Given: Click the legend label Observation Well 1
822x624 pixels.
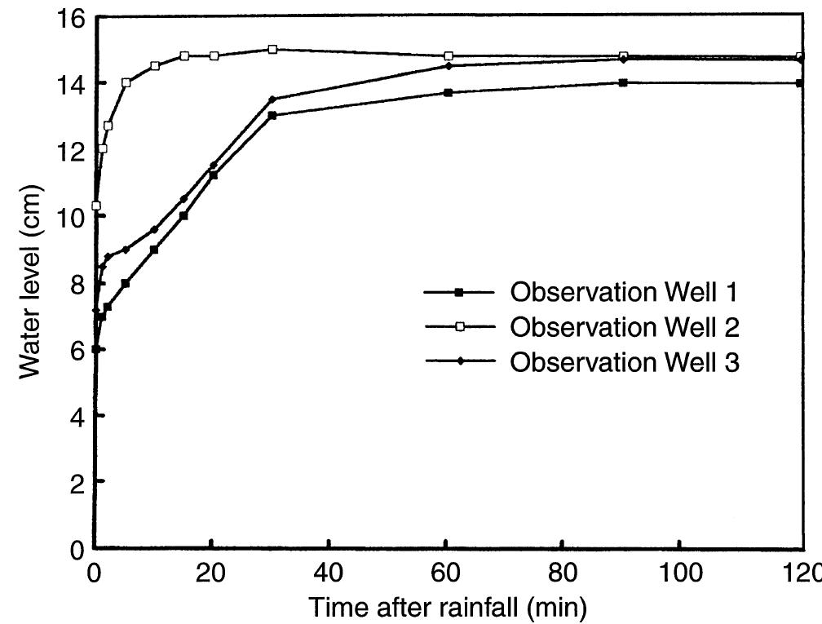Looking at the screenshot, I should (x=625, y=291).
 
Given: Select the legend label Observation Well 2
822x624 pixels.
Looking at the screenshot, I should (x=625, y=327).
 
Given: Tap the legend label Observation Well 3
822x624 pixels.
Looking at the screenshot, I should (x=625, y=362).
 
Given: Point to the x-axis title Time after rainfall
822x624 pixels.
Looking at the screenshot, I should (x=446, y=608).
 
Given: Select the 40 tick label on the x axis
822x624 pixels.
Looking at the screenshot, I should (x=329, y=572).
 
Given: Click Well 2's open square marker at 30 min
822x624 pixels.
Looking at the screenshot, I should (x=272, y=49).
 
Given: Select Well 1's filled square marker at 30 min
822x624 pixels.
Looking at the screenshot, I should (x=272, y=116).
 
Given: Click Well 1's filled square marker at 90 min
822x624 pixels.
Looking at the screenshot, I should (x=623, y=82).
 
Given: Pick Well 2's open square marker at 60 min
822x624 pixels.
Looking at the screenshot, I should (x=448, y=55).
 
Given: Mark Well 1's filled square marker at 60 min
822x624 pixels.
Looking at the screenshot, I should (x=448, y=92).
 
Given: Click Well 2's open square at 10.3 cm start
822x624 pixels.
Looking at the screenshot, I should (x=96, y=206).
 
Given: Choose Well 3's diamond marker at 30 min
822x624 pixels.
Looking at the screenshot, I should (x=272, y=100).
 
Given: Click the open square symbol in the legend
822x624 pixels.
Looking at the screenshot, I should (x=459, y=327).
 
